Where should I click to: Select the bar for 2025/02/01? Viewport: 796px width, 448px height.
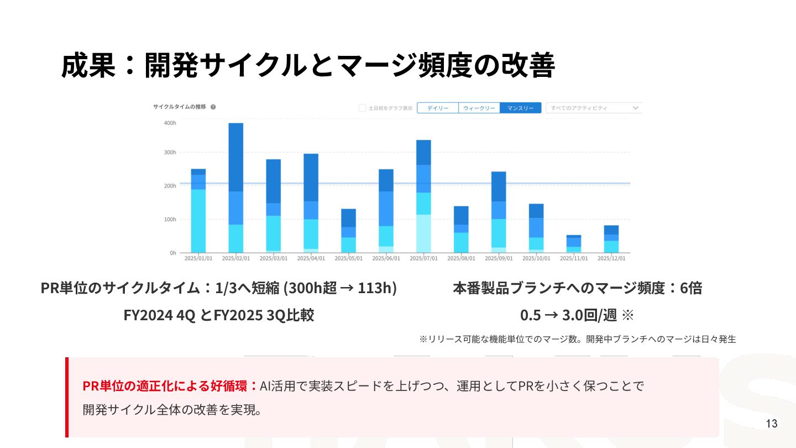(x=236, y=188)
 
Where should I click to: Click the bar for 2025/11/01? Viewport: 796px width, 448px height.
(x=574, y=244)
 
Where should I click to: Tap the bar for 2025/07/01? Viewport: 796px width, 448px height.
(x=423, y=196)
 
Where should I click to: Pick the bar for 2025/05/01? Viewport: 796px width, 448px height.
(x=348, y=231)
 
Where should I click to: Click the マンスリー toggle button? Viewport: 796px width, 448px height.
(x=520, y=108)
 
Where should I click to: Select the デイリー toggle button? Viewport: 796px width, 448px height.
(x=437, y=108)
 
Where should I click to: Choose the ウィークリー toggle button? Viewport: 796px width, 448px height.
(x=479, y=108)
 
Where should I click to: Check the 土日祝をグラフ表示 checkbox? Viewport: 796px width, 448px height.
(x=363, y=108)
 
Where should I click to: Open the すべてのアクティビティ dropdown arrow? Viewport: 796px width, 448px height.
(x=635, y=108)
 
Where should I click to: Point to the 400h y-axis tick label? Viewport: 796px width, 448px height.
(x=170, y=123)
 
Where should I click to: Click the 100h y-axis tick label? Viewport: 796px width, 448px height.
(x=170, y=220)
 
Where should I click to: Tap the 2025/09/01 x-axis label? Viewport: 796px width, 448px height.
(x=499, y=258)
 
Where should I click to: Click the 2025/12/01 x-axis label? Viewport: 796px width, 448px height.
(x=611, y=258)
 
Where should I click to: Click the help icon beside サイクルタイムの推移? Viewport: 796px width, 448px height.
(x=213, y=107)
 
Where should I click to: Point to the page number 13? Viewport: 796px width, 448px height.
(x=772, y=424)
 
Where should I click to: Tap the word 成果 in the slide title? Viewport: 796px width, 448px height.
(x=88, y=66)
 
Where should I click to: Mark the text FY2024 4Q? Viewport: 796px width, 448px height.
(x=159, y=315)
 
